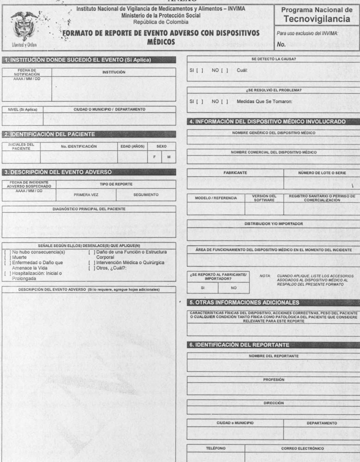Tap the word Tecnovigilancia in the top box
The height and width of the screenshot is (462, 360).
[x=317, y=19]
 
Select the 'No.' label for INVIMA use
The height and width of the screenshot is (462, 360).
[x=281, y=44]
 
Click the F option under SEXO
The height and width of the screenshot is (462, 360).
[x=154, y=157]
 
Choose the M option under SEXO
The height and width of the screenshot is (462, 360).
[x=169, y=157]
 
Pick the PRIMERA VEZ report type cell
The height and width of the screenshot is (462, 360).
[x=86, y=195]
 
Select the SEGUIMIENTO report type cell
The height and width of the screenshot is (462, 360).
[x=146, y=195]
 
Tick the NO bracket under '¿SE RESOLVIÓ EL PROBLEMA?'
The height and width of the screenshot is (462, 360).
[x=224, y=102]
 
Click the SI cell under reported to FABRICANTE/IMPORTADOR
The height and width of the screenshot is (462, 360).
[x=202, y=288]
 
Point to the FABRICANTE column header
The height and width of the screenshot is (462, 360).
[x=235, y=173]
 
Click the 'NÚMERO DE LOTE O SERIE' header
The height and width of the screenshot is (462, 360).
[x=322, y=173]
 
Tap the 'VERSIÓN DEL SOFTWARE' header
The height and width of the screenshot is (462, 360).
[x=264, y=198]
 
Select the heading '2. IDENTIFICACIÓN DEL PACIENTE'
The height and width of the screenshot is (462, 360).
[x=50, y=134]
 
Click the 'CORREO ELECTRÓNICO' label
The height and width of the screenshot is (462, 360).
[x=302, y=448]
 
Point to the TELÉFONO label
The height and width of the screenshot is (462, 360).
[x=215, y=448]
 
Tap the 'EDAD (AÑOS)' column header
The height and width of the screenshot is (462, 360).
[x=132, y=146]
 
